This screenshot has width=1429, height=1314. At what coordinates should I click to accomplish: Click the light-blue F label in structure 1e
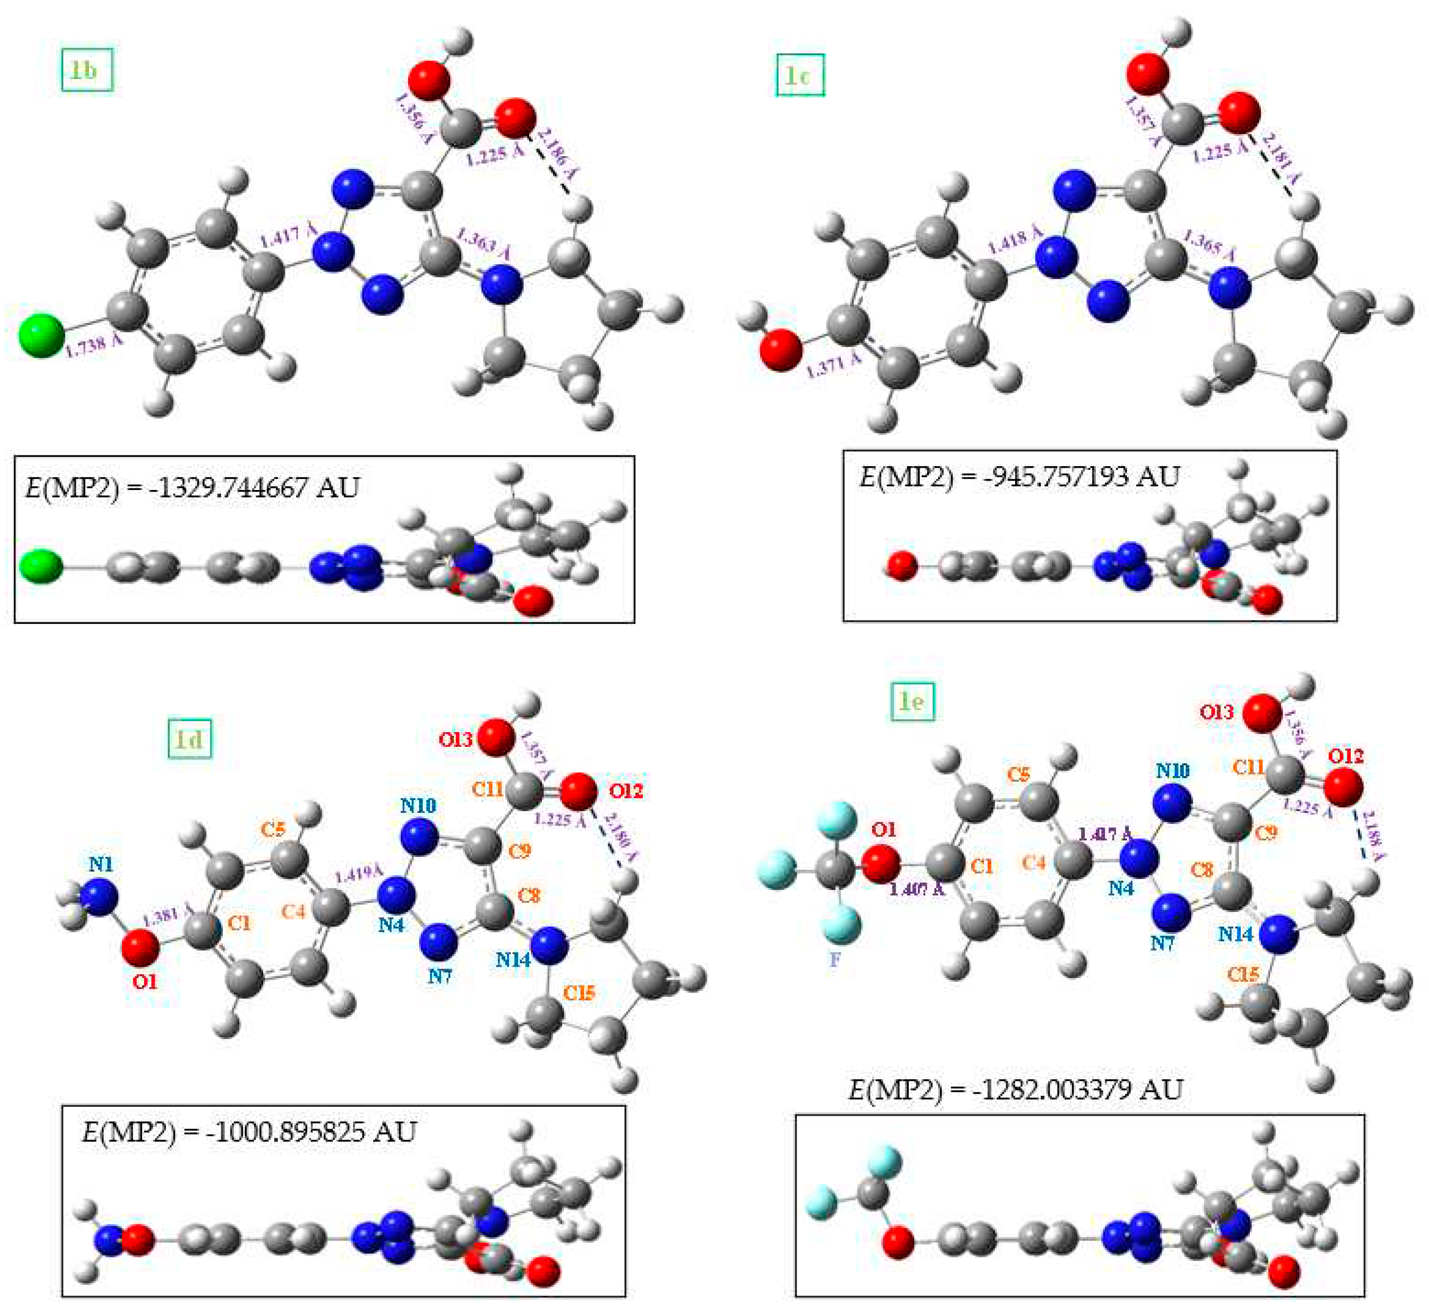835,960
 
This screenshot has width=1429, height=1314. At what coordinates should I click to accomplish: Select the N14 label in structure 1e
1235,934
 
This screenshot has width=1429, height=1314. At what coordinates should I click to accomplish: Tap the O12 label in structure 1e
1346,756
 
